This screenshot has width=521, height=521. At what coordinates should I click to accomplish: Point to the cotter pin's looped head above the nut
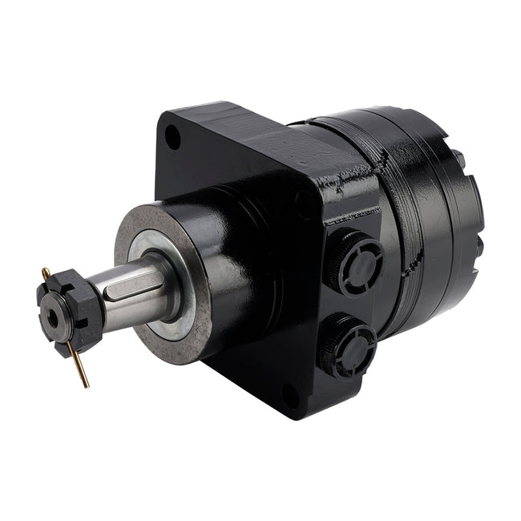tap(46, 273)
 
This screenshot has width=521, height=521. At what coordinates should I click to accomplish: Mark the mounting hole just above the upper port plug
tap(305, 205)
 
